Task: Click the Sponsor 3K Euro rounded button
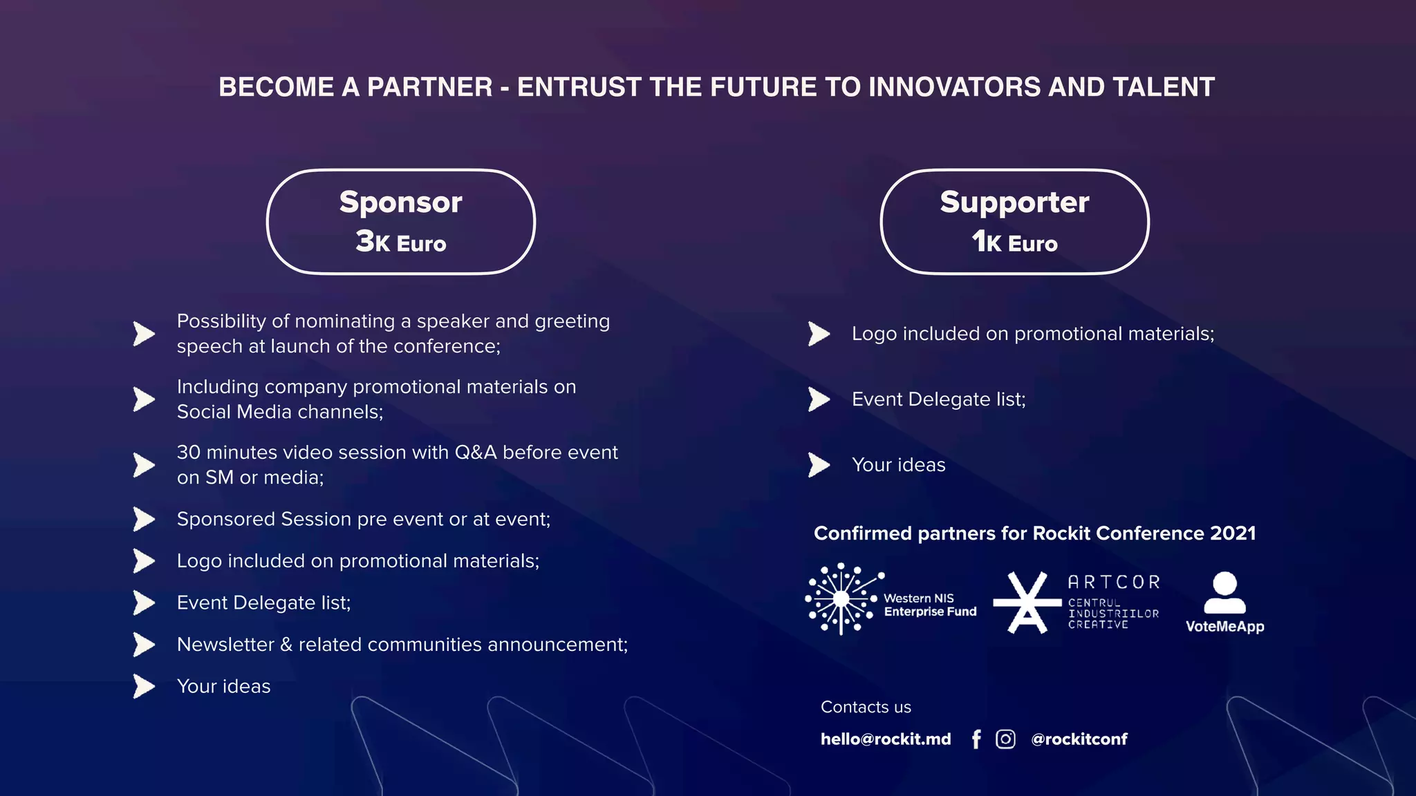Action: [401, 222]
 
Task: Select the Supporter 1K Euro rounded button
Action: [1014, 222]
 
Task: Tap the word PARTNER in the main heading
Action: [429, 87]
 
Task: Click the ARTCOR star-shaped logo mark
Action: [1027, 603]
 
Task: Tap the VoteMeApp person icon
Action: [1224, 592]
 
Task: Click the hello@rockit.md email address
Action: [886, 739]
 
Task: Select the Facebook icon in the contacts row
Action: [976, 739]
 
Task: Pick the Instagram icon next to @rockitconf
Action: [1005, 739]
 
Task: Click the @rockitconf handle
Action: [1079, 739]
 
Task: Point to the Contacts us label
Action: [866, 708]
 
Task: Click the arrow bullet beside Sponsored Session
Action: [144, 519]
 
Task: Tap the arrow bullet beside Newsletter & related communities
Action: [144, 645]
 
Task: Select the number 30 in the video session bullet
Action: [188, 453]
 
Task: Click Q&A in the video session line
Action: [475, 453]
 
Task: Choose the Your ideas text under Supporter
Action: [898, 465]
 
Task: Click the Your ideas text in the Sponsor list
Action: [223, 687]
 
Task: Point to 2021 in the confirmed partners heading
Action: [1233, 533]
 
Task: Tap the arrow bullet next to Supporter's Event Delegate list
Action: [819, 399]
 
